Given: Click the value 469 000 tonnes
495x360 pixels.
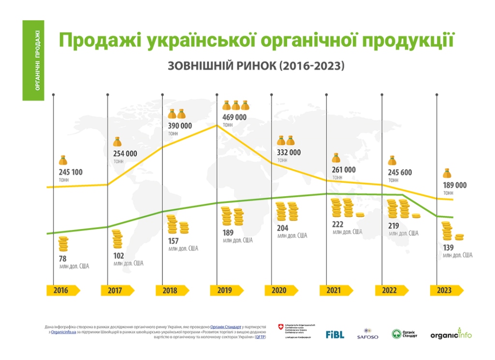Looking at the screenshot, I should click(234, 117).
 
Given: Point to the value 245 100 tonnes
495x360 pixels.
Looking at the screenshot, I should click(71, 173).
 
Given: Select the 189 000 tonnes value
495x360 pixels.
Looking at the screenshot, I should click(454, 186).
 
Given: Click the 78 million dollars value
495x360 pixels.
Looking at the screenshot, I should click(62, 259).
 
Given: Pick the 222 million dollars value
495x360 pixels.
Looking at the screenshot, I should click(338, 224).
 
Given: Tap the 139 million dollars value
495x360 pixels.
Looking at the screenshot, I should click(449, 247).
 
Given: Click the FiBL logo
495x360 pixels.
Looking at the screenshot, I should click(335, 334).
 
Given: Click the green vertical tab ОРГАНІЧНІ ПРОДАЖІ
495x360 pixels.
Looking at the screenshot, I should click(33, 60).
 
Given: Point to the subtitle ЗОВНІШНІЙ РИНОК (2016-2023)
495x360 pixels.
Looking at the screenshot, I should click(256, 66).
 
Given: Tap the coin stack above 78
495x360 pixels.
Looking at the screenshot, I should click(63, 244).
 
